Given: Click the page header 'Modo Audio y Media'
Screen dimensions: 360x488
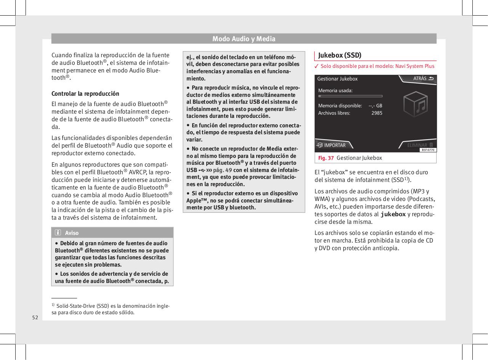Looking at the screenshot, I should tap(244, 39).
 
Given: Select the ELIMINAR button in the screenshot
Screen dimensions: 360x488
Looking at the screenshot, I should tap(419, 145).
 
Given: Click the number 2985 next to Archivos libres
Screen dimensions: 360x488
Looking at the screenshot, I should tap(377, 113).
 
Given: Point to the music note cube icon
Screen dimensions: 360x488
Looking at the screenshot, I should tap(417, 104).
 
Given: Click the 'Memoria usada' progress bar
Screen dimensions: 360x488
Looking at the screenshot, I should tap(350, 96).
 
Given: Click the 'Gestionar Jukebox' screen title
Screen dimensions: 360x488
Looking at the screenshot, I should tap(337, 79).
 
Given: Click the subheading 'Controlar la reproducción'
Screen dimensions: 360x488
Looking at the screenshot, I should tap(85, 93).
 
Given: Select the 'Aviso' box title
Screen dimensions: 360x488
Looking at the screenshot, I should tap(72, 233).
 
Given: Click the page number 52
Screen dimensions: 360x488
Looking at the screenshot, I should tap(35, 317).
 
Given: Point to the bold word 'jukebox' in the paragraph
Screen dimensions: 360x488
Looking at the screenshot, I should tap(393, 214).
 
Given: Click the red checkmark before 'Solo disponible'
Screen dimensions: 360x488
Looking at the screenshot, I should tap(316, 66).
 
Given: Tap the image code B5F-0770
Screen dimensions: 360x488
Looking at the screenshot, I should tap(428, 150).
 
